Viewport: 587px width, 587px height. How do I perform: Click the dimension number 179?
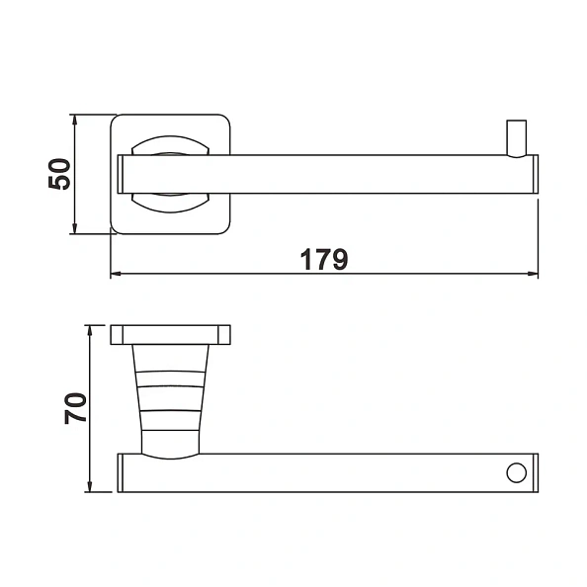coord(324,259)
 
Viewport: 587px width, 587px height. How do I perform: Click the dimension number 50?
coord(59,174)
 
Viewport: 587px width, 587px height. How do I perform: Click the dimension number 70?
coord(76,407)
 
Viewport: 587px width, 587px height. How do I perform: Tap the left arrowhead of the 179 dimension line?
coord(116,274)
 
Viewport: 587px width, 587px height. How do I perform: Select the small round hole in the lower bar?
coord(515,472)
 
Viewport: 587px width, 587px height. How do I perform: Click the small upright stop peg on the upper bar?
coord(515,137)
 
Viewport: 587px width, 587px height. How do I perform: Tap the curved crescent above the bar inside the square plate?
coord(172,145)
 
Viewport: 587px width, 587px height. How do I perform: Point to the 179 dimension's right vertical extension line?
coord(539,237)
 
